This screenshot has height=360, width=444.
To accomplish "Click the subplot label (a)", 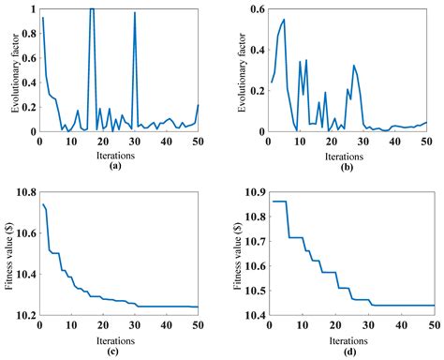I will tap(115, 165).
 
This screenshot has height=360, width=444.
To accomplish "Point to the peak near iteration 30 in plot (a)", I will tap(135, 14).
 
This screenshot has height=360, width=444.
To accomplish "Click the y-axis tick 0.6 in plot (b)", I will tap(254, 9).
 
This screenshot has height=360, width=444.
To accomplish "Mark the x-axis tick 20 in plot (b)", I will tap(331, 142).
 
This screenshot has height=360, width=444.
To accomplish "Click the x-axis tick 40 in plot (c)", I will tap(167, 326).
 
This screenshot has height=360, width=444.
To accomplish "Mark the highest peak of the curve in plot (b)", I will tap(284, 20).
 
